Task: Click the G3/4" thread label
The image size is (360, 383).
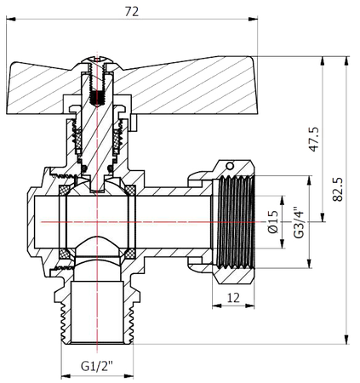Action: (x=297, y=221)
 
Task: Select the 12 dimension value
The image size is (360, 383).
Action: (x=232, y=297)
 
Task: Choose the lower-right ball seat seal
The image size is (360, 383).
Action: (x=132, y=254)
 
